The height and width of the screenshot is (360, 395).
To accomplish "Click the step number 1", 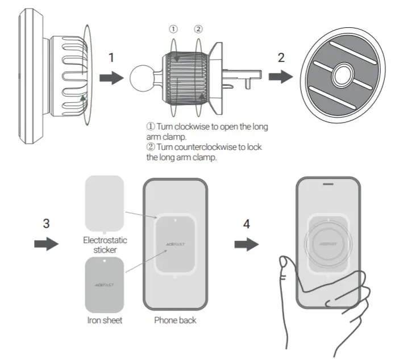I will pyautogui.click(x=111, y=58).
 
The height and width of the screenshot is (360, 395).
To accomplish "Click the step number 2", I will pyautogui.click(x=281, y=58).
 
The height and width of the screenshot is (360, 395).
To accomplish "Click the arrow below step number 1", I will pyautogui.click(x=111, y=78).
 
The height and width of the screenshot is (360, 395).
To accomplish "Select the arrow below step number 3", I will pyautogui.click(x=46, y=245).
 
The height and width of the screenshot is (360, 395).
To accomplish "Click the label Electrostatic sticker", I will pyautogui.click(x=105, y=244).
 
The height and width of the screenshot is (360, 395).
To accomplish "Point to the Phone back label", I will pyautogui.click(x=175, y=320).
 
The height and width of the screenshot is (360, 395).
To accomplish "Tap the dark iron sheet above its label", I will pyautogui.click(x=104, y=283).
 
